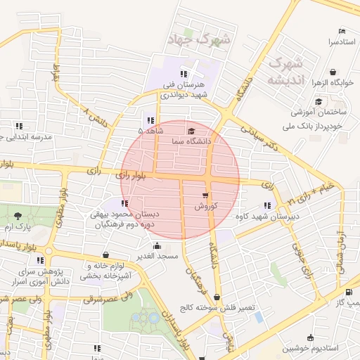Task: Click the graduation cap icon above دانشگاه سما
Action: [x=191, y=131]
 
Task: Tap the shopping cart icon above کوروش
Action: [x=205, y=195]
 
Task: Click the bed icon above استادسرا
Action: [x=342, y=31]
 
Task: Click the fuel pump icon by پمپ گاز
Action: [x=349, y=292]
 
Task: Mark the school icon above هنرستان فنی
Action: [x=184, y=73]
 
